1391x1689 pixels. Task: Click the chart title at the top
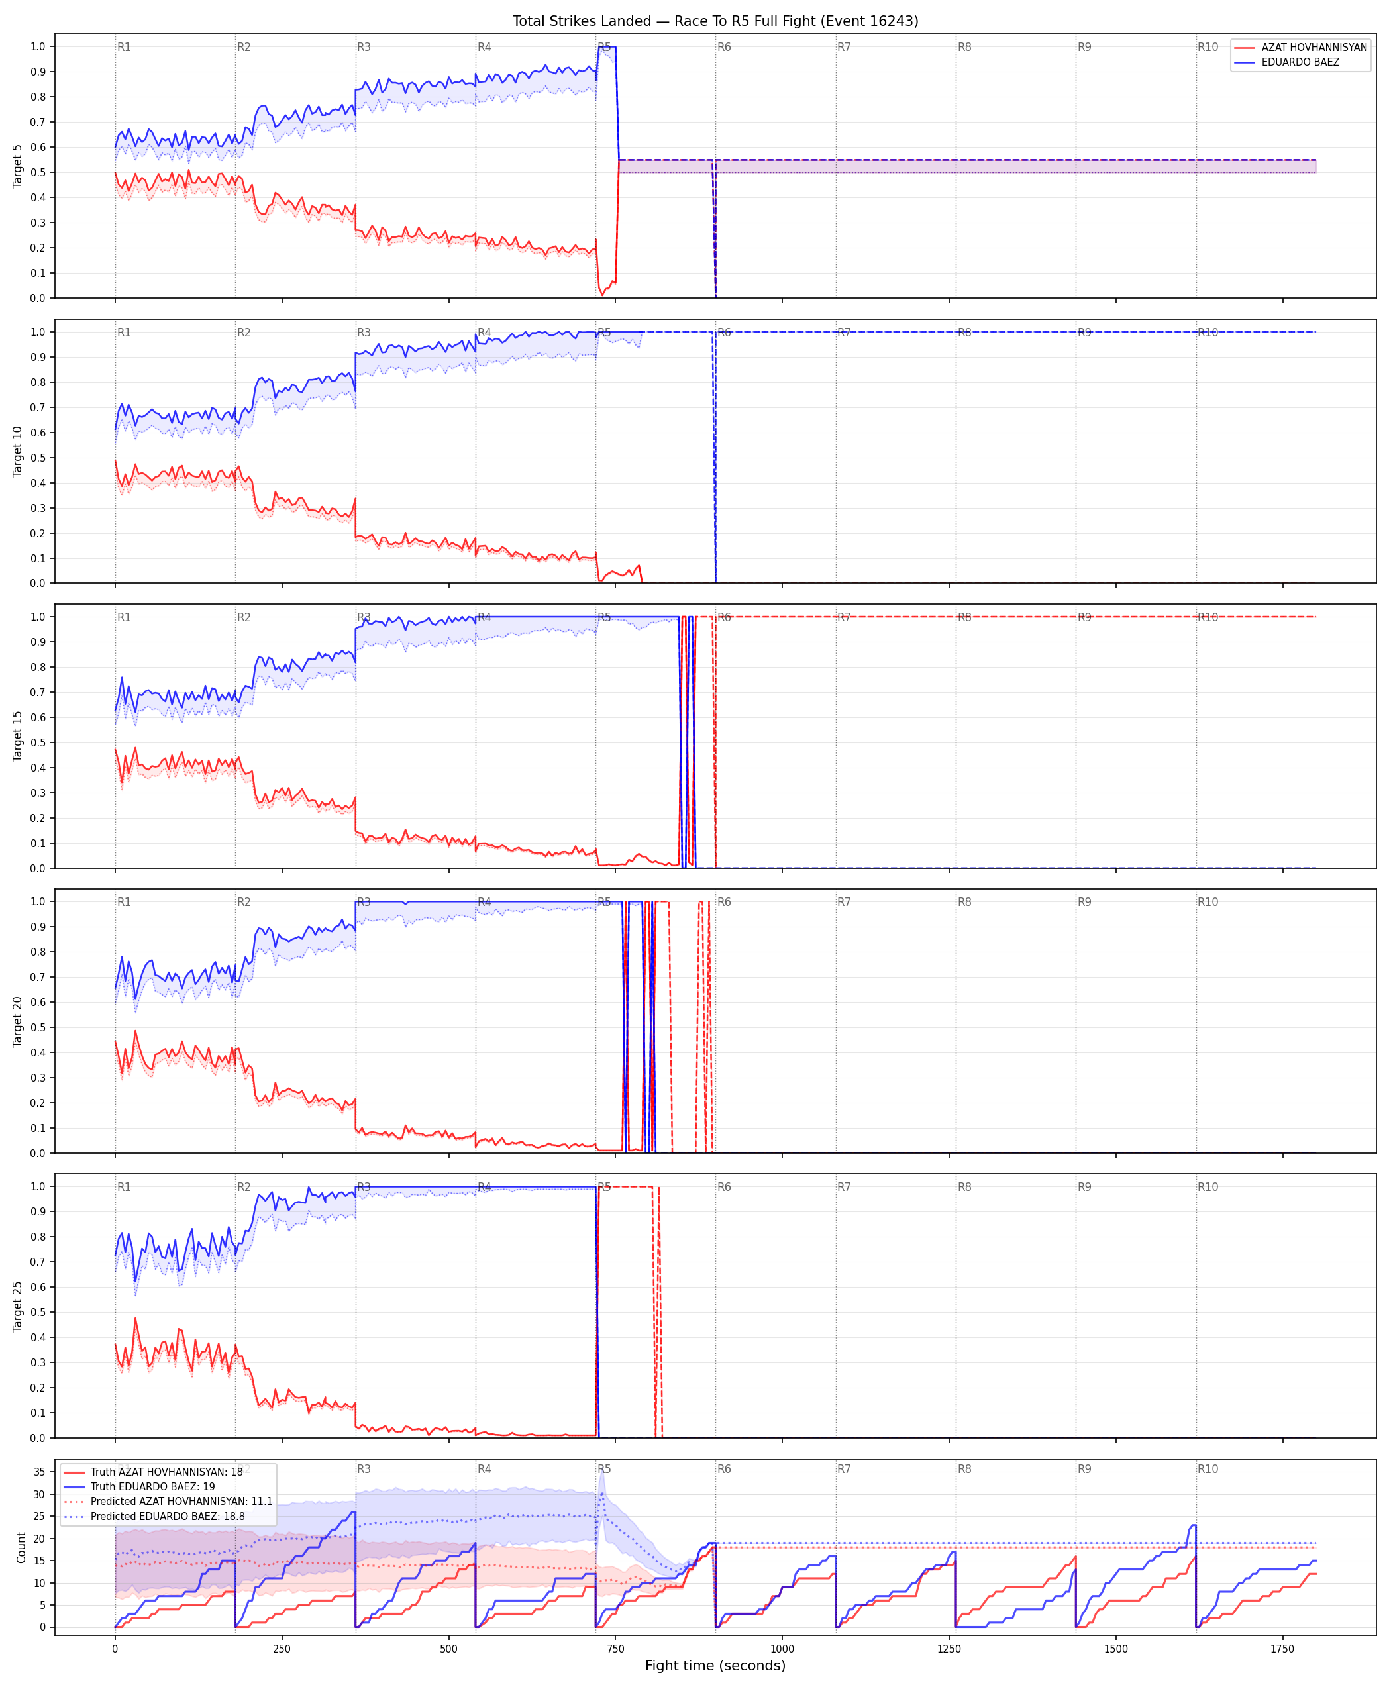tap(715, 21)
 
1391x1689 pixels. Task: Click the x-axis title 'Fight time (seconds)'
tap(715, 1666)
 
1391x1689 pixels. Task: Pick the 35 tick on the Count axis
tap(38, 1472)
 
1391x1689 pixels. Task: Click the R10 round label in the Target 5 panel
tap(1208, 47)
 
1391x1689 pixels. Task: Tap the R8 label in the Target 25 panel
tap(964, 1187)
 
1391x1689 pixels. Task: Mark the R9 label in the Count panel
tap(1084, 1468)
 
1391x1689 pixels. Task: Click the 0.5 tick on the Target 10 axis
tap(38, 458)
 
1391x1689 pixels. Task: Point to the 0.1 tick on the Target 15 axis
tap(38, 843)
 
